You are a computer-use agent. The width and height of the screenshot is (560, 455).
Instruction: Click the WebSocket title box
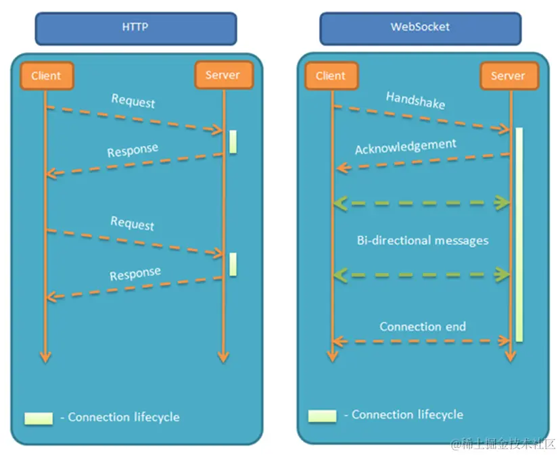(420, 28)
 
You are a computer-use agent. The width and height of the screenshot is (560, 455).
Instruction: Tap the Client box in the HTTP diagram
(45, 76)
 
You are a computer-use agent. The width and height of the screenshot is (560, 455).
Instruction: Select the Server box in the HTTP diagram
(223, 75)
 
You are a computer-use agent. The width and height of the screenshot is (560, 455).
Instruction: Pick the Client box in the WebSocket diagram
(330, 76)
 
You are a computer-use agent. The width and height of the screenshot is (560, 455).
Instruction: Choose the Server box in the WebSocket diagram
(508, 76)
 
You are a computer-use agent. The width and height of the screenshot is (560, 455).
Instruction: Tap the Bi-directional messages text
(422, 240)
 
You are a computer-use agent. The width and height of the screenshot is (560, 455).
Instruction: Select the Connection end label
(422, 327)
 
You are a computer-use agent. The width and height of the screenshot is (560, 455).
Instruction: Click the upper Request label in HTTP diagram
(133, 101)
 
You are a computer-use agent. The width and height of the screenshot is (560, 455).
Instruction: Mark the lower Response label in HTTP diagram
(135, 273)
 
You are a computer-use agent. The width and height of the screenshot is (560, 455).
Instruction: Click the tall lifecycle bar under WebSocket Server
(519, 233)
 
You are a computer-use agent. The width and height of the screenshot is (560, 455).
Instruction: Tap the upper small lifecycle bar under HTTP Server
(233, 141)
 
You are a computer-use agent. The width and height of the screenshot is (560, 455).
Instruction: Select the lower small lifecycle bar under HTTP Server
(233, 264)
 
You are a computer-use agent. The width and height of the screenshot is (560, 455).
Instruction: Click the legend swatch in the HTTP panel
(39, 418)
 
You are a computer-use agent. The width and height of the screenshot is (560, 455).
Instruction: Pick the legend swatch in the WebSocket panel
(322, 415)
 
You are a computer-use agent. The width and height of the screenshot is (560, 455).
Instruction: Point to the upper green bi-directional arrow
(421, 201)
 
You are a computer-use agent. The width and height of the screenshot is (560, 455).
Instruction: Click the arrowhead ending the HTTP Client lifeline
(45, 356)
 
